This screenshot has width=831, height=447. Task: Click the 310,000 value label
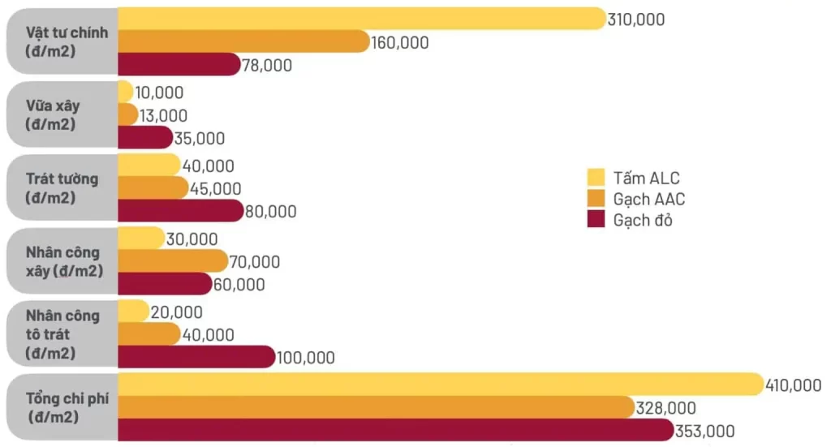[635, 19]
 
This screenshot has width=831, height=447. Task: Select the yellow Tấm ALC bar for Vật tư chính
[361, 19]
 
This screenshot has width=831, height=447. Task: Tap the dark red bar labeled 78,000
[179, 64]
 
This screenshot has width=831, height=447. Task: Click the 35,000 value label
[199, 138]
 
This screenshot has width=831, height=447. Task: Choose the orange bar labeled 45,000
[153, 188]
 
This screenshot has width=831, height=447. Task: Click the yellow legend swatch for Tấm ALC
[597, 177]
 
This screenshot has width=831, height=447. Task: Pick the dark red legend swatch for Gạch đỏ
[597, 220]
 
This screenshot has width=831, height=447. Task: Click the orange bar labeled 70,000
[172, 261]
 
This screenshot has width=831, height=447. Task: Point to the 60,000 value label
[239, 285]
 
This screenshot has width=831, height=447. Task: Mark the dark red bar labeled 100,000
[196, 357]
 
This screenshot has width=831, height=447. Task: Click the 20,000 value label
[176, 312]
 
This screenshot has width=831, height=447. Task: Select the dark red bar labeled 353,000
[394, 430]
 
